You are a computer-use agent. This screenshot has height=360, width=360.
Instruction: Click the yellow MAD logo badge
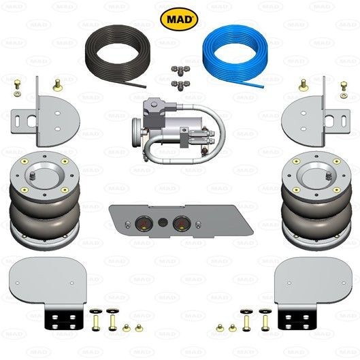[x=179, y=19]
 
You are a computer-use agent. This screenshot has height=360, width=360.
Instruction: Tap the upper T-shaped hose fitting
[x=181, y=69]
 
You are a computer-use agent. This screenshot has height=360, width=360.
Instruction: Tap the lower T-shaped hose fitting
[x=181, y=85]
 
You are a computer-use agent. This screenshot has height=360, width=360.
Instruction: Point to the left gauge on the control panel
[x=144, y=224]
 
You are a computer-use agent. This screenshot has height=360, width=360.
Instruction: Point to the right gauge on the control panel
[x=182, y=224]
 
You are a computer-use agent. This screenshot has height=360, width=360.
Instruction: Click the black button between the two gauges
[x=163, y=223]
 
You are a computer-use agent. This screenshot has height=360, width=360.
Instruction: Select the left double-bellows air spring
[x=45, y=200]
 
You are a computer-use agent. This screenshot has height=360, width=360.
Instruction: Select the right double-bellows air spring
[x=316, y=200]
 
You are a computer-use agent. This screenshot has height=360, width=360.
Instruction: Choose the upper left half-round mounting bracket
[x=46, y=119]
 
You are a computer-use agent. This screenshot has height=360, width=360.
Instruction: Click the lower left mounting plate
[x=47, y=282]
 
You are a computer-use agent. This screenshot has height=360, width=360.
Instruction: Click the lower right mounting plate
[x=314, y=282]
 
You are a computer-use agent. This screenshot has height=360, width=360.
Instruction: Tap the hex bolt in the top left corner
[x=17, y=84]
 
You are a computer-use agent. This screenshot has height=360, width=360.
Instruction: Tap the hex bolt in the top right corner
[x=344, y=86]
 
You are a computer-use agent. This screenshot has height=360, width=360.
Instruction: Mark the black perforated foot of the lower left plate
[x=63, y=320]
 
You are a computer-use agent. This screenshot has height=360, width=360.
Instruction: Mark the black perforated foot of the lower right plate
[x=297, y=320]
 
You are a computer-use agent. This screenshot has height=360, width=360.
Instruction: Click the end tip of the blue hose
[x=263, y=87]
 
